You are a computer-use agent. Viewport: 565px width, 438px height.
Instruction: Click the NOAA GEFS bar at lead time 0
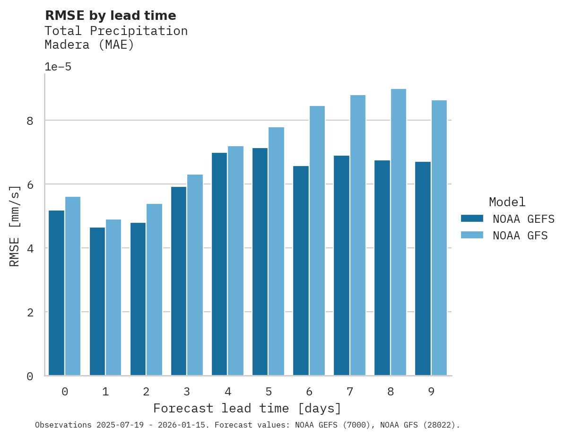pos(57,293)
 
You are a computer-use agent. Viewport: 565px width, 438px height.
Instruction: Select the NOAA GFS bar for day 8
pos(398,232)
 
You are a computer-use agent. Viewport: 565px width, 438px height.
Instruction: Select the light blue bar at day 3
pos(195,275)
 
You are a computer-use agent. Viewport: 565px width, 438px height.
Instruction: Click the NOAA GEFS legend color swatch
pos(472,219)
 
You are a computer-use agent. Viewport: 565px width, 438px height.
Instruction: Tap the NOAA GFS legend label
pos(520,236)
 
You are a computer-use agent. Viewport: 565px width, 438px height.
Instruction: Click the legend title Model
pos(507,202)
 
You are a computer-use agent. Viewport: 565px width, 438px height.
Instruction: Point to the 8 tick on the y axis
pos(30,121)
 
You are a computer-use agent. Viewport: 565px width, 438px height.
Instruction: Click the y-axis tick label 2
pos(30,313)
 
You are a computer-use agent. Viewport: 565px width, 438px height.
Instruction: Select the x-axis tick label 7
pos(350,392)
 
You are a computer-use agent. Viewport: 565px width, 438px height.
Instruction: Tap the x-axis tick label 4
pos(228,392)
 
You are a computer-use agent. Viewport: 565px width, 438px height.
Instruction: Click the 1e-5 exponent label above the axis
pos(58,67)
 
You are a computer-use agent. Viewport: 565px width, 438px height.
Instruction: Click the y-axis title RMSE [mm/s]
pos(15,226)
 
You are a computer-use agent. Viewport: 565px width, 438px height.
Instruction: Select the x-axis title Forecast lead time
pos(247,408)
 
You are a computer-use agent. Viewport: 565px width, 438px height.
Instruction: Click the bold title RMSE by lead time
pos(110,16)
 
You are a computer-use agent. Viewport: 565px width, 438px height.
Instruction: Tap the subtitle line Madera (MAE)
pos(89,45)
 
